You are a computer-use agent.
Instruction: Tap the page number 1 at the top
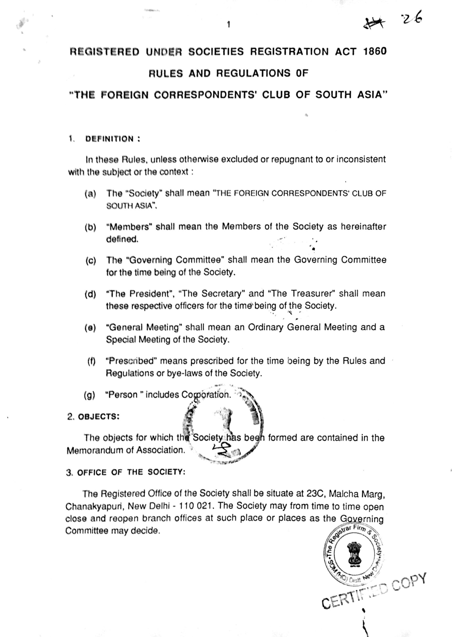(x=228, y=25)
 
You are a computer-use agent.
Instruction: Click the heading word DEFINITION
(x=109, y=139)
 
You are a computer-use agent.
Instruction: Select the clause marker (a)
(x=90, y=194)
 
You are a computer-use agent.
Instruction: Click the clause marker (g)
(x=89, y=395)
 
